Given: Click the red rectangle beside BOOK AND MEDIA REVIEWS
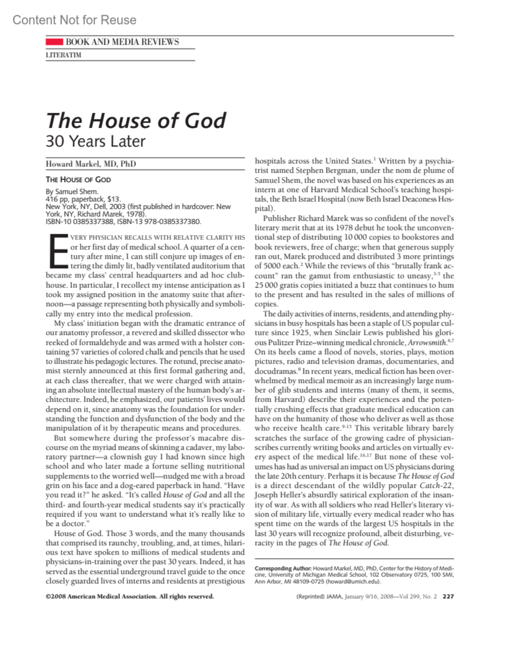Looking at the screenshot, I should (54, 42).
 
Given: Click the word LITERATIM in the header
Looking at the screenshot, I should (63, 55).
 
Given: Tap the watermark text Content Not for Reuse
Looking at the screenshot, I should (74, 20).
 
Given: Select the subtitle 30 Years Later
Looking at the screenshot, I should (95, 141).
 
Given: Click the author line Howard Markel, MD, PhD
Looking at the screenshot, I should (91, 164).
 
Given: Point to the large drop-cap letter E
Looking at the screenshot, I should (58, 251).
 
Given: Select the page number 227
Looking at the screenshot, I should (448, 596).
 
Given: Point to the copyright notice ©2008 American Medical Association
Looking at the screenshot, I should (129, 596).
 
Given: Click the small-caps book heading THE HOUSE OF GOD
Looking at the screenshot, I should (78, 179).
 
